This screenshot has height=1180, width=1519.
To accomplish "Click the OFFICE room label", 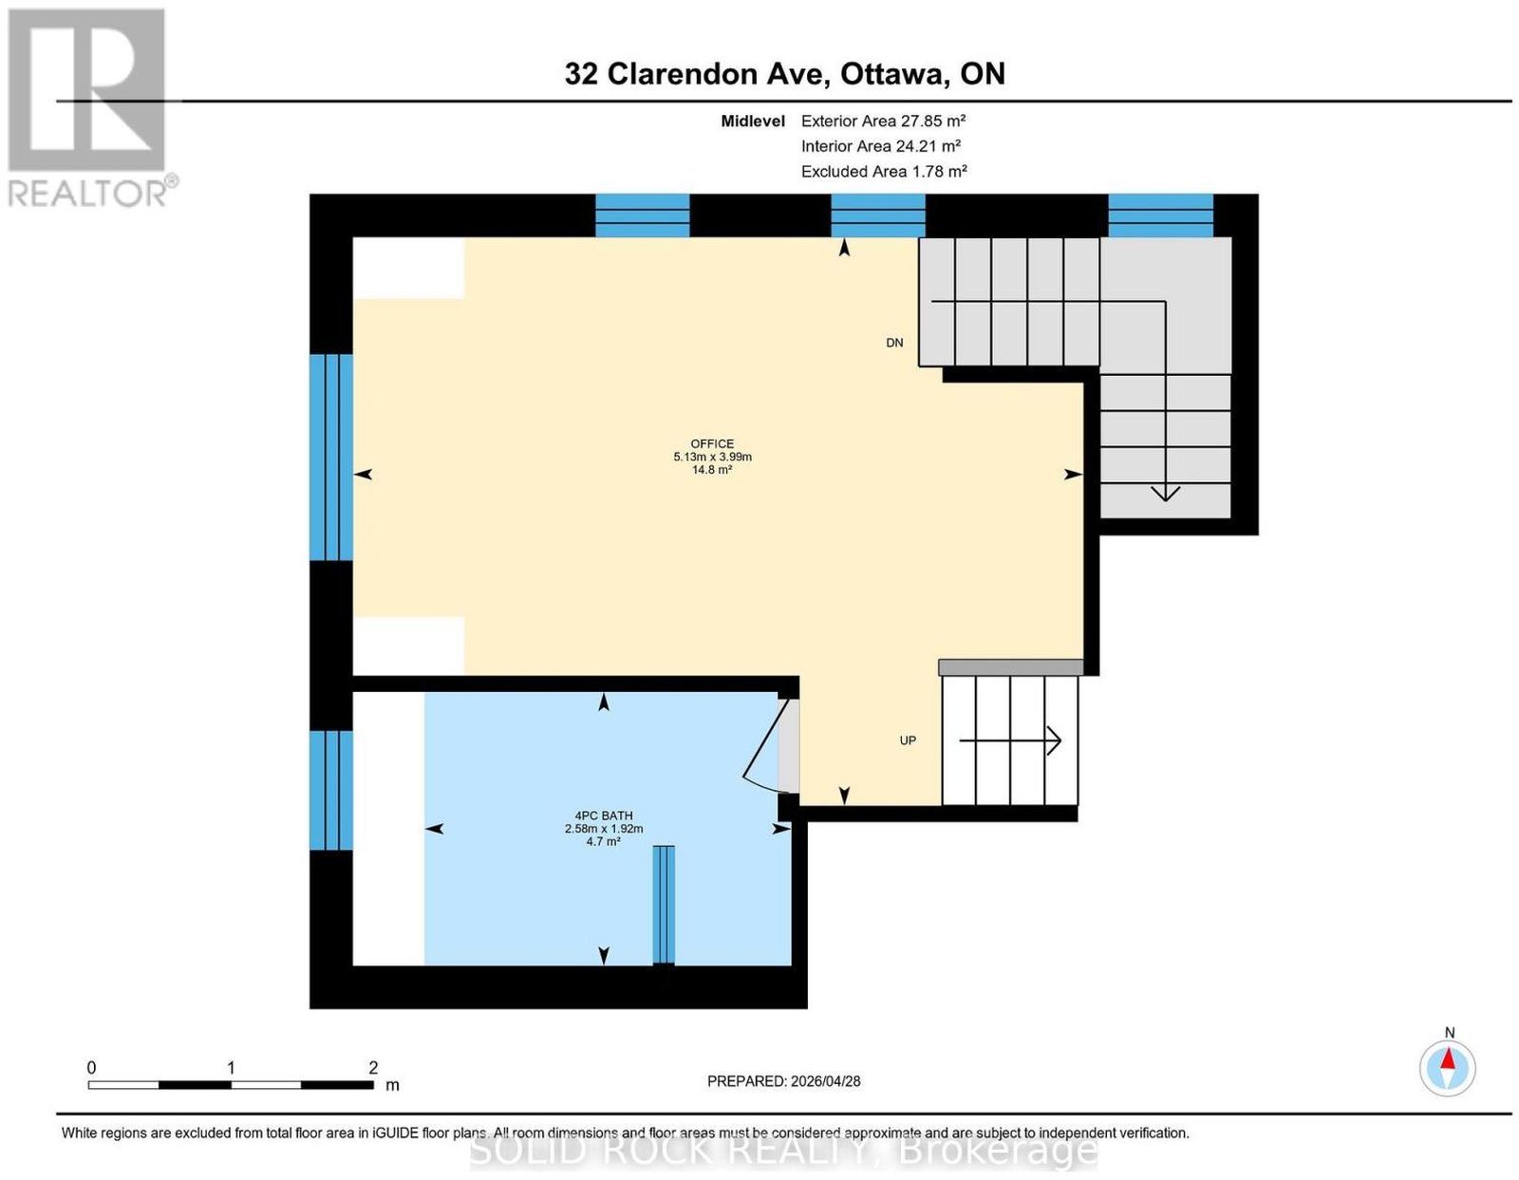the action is pos(712,443).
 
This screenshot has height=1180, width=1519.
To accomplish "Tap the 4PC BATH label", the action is pos(603,815).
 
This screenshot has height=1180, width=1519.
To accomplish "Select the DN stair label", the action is pos(894,343).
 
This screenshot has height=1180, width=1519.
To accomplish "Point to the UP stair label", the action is pos(908,740).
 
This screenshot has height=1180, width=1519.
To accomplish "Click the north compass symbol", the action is pos(1447,1068).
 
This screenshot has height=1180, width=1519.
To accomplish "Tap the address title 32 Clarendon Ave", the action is pos(697,73).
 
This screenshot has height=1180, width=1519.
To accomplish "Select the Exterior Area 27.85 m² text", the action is pos(883,121).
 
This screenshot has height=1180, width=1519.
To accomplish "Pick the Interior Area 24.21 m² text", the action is pos(880,146).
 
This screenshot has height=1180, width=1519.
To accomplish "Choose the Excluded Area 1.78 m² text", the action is pos(884,171).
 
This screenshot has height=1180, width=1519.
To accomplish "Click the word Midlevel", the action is pos(753,121).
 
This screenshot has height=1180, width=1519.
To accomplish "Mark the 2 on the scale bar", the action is pos(373,1068).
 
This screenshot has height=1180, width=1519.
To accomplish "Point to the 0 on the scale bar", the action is pos(91,1068).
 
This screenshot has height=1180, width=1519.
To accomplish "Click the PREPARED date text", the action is pos(783,1080).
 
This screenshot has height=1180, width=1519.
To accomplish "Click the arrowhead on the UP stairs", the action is pos(1054,740).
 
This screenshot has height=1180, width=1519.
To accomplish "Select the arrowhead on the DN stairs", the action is pos(1165,494).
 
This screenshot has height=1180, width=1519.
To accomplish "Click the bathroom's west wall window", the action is pos(330,790).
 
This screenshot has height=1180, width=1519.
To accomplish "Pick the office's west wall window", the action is pos(330,458).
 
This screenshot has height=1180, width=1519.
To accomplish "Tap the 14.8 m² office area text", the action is pos(712,470).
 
